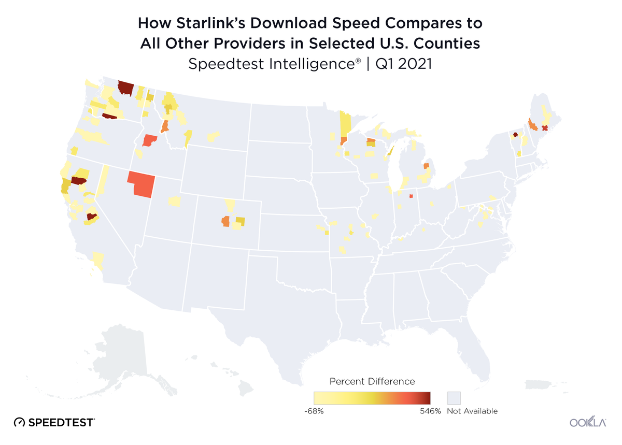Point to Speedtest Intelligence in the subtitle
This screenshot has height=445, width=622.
coord(274,64)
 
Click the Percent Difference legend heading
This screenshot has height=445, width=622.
coord(372,381)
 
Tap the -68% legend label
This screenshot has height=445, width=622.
coord(314,411)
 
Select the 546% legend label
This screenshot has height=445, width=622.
coord(431,411)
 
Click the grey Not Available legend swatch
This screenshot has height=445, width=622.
coord(454,398)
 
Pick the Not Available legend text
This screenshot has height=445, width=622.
coord(472,411)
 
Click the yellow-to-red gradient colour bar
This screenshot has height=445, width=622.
coord(372,398)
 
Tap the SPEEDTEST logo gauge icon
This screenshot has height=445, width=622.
coord(19,422)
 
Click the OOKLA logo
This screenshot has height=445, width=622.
coord(588,422)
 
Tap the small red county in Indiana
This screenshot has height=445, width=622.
coord(411,196)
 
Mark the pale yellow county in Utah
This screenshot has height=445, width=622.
coord(174,200)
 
